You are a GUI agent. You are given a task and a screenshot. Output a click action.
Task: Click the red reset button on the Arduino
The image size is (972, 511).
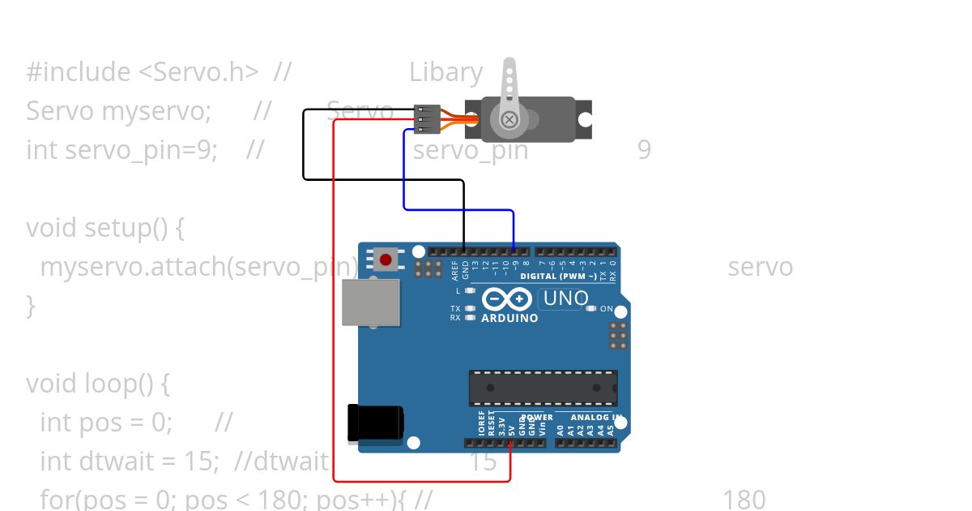(x=386, y=260)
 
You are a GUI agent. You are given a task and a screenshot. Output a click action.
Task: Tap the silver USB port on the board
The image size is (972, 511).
(x=371, y=303)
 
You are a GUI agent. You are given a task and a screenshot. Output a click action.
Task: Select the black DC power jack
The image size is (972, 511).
(x=374, y=423)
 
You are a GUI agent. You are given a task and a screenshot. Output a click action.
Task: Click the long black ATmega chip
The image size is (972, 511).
(x=543, y=388)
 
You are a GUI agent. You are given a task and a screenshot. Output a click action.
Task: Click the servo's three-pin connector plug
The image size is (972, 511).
(x=426, y=118)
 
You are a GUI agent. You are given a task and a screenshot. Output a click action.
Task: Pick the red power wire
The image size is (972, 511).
(x=334, y=324)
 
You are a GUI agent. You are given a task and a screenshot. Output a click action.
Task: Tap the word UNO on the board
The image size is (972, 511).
(x=565, y=298)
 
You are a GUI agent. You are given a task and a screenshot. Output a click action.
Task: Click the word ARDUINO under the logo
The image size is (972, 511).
(x=509, y=318)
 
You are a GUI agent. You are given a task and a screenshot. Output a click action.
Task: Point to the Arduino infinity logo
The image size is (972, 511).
(x=507, y=299)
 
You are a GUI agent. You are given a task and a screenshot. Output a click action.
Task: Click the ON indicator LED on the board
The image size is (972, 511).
(x=590, y=308)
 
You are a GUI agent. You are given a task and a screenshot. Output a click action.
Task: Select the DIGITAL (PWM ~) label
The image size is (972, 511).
(x=558, y=277)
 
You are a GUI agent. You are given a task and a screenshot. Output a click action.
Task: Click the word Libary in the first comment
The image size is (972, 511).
(x=446, y=72)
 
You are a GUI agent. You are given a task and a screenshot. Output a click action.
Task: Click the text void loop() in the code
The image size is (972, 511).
(x=97, y=383)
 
